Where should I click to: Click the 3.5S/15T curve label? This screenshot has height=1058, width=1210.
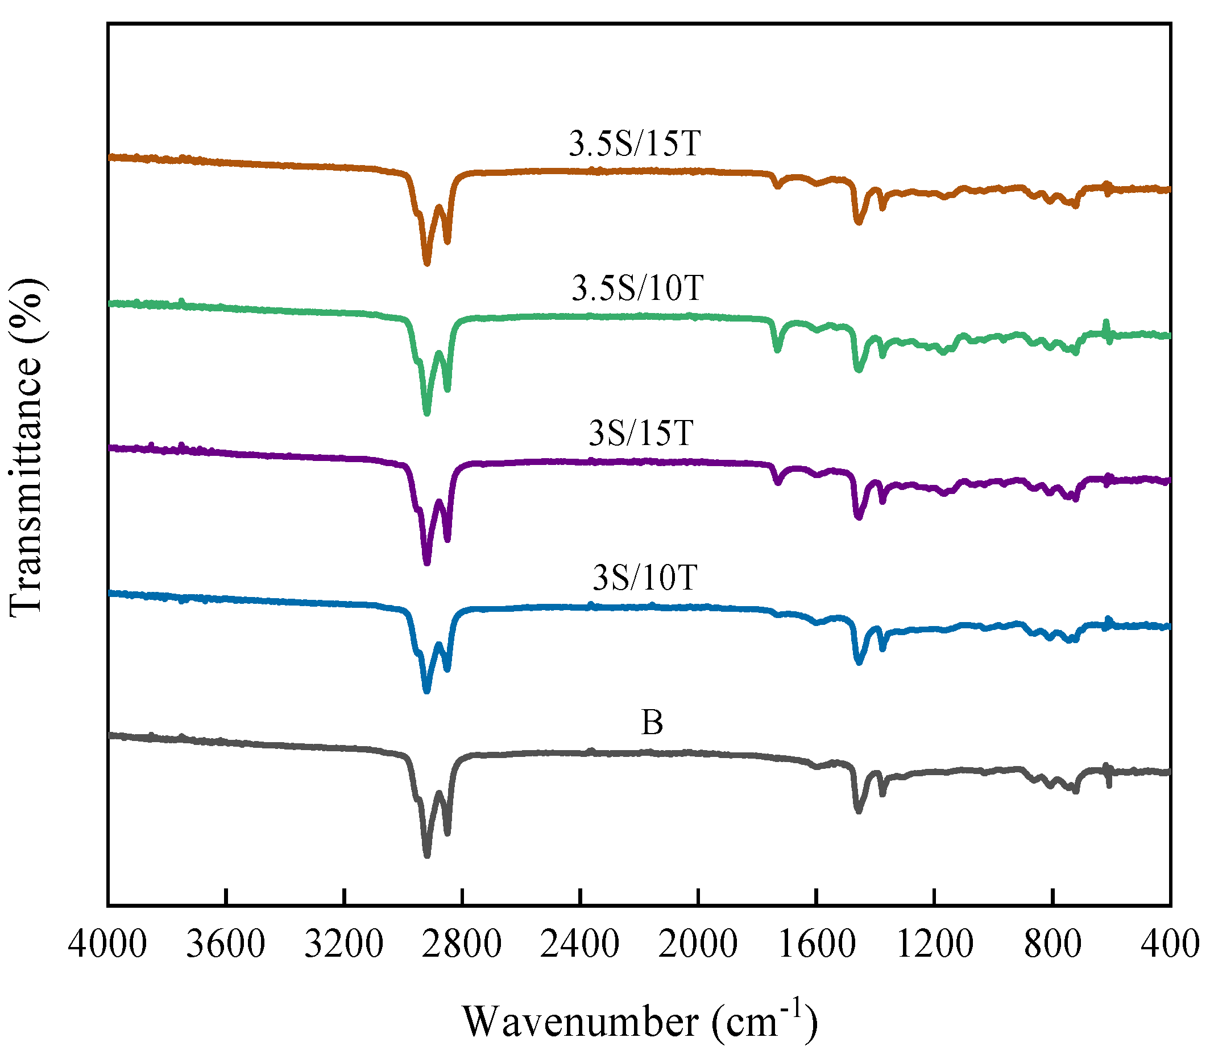coord(635,143)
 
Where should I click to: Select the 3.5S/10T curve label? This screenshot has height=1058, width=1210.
coord(637,288)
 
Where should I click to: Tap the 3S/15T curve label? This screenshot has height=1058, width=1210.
coord(641,433)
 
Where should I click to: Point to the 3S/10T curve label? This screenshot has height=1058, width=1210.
coord(645,578)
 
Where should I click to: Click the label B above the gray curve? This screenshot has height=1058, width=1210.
coord(652,723)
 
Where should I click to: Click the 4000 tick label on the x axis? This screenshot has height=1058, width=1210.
coord(107,944)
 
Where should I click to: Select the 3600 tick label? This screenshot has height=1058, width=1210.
coord(225,944)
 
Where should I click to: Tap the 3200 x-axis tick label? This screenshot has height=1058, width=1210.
coord(343,944)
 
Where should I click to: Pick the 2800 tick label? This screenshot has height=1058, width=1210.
coord(462,944)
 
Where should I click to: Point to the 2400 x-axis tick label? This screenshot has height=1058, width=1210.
coord(580,944)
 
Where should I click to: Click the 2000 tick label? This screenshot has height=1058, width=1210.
coord(698,944)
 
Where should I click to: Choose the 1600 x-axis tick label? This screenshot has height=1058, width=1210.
coord(817,944)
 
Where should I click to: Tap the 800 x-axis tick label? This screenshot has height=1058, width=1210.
coord(1052,944)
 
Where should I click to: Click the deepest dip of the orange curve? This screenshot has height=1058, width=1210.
coord(427,263)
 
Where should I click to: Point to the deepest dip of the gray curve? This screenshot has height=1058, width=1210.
coord(427,855)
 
